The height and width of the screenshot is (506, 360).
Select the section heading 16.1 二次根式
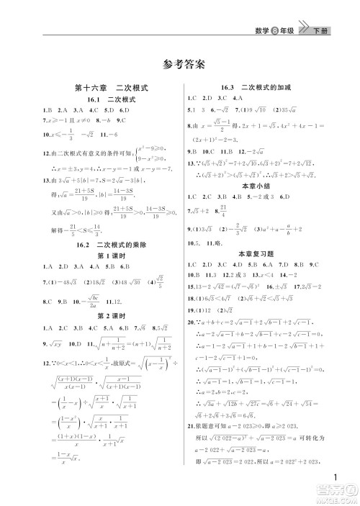pyautogui.click(x=102, y=99)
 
